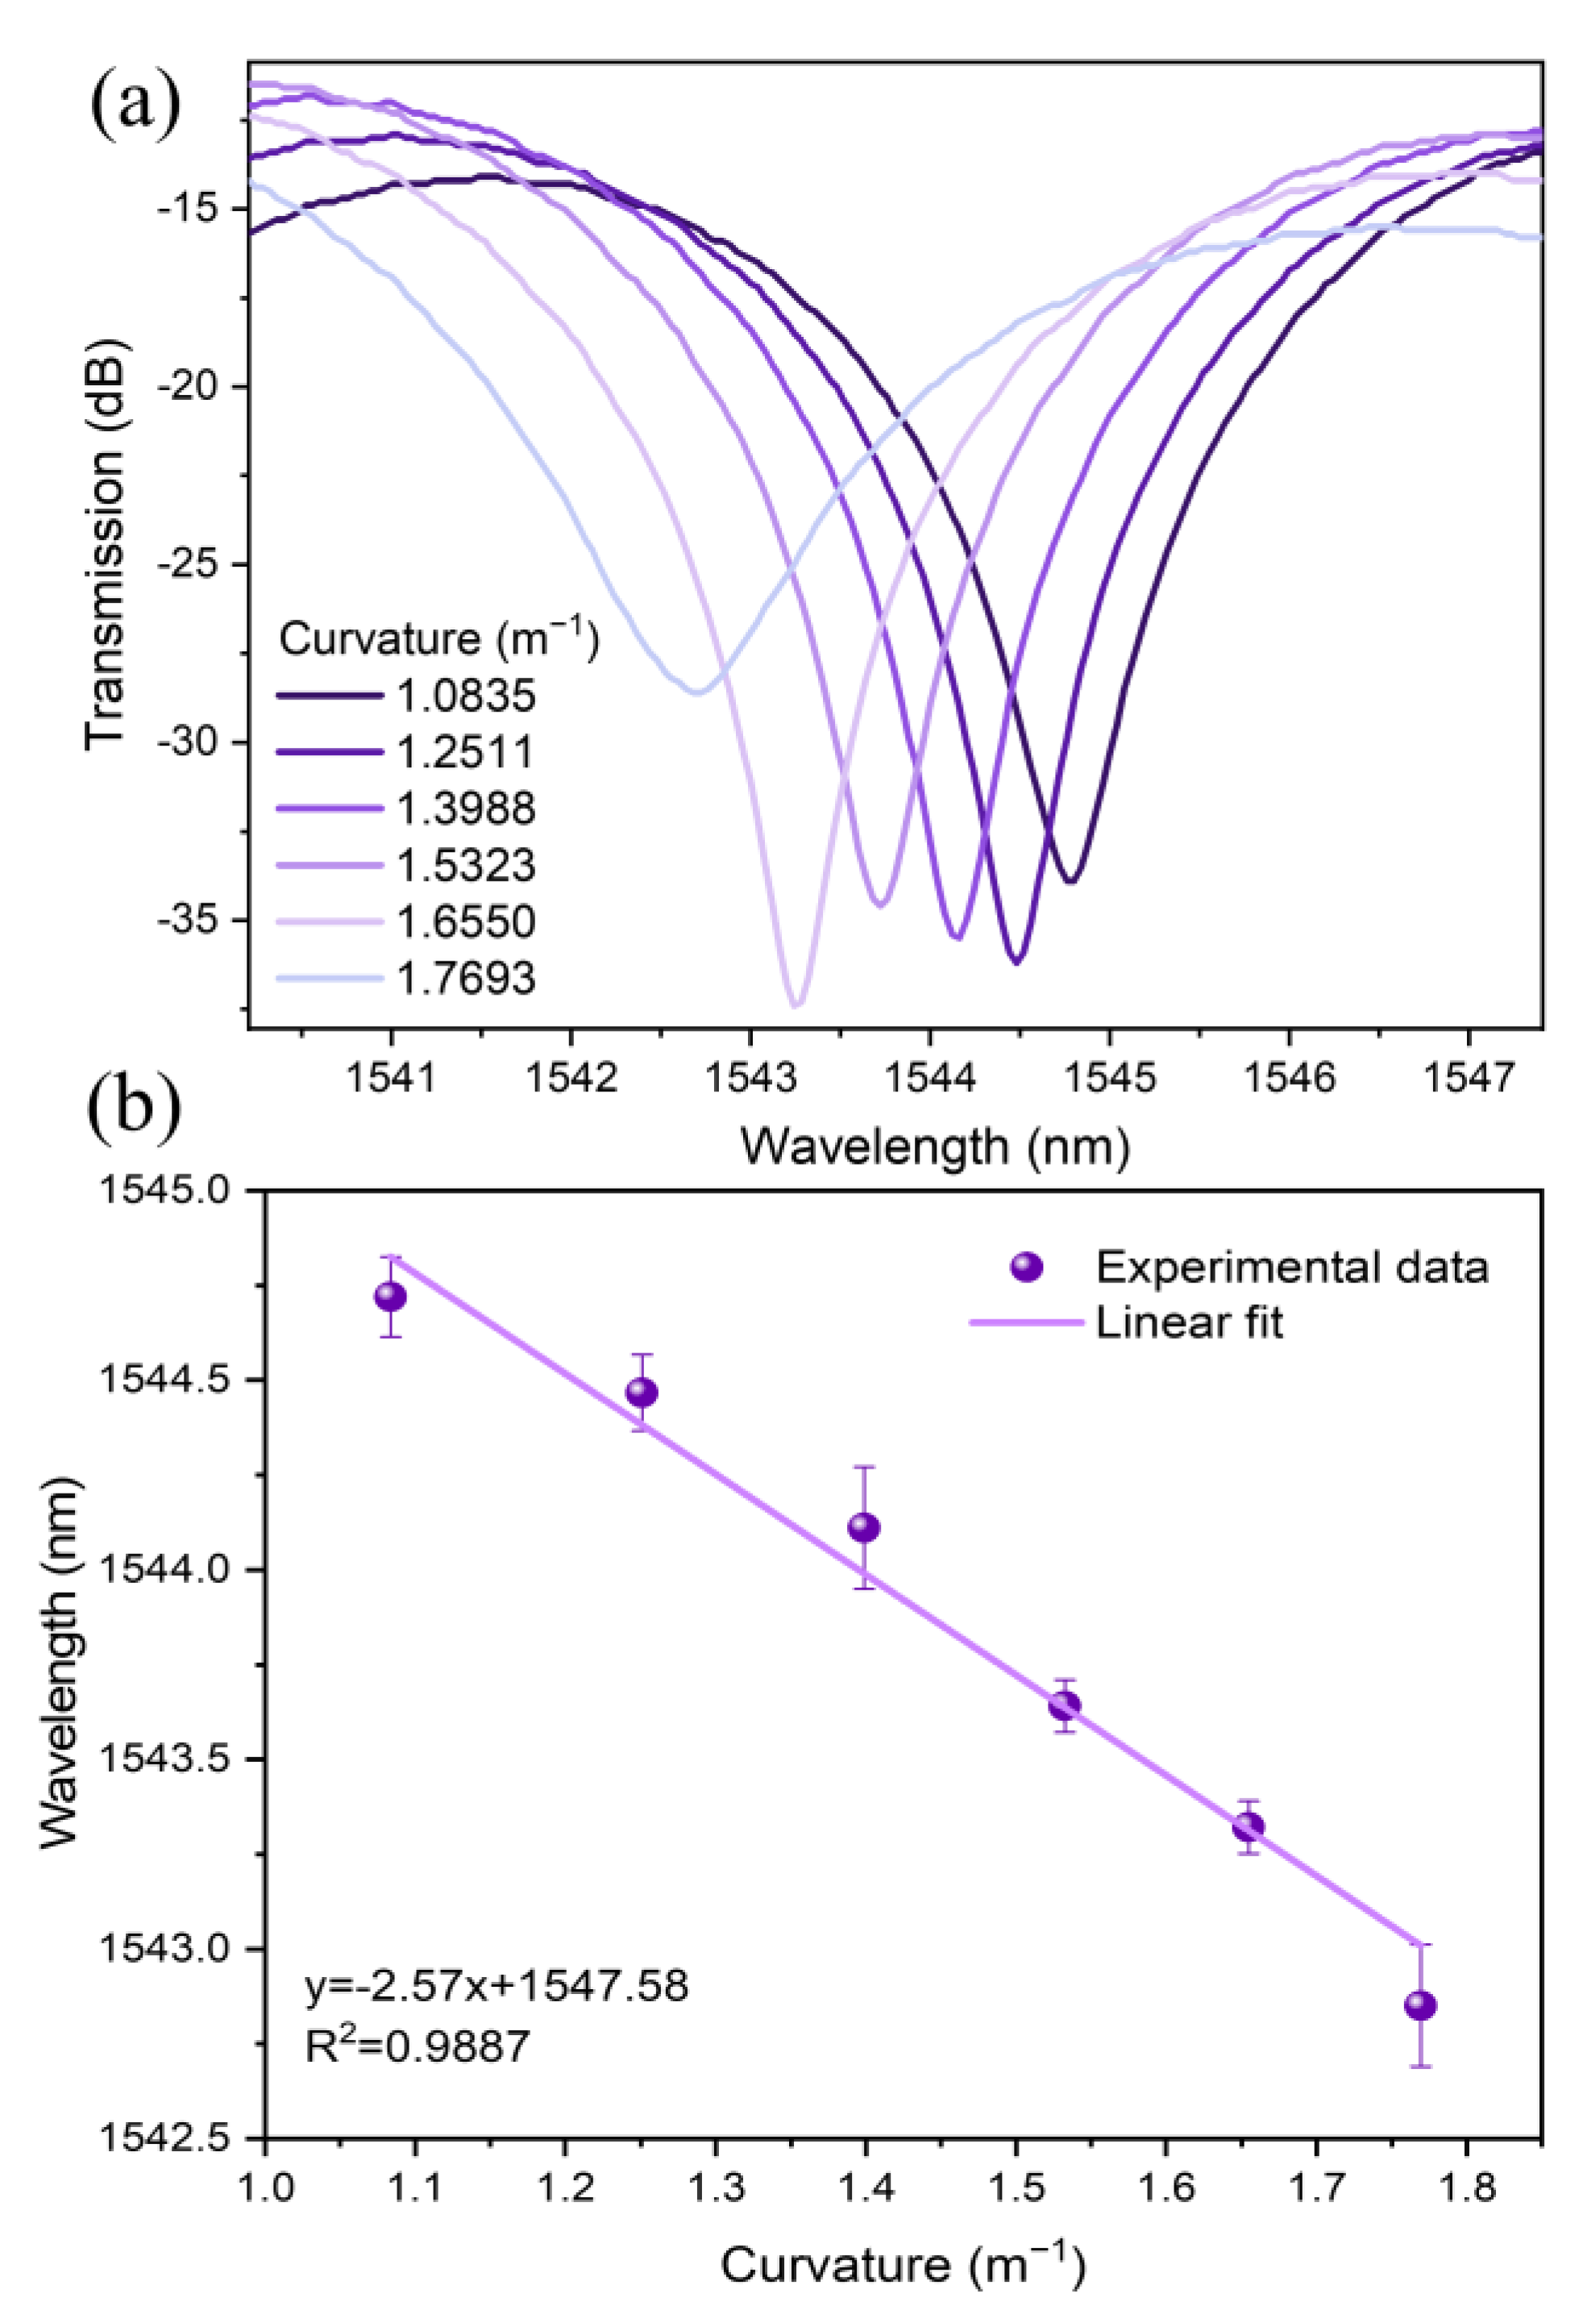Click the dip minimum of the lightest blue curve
click(x=697, y=691)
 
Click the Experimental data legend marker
click(x=1025, y=1266)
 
